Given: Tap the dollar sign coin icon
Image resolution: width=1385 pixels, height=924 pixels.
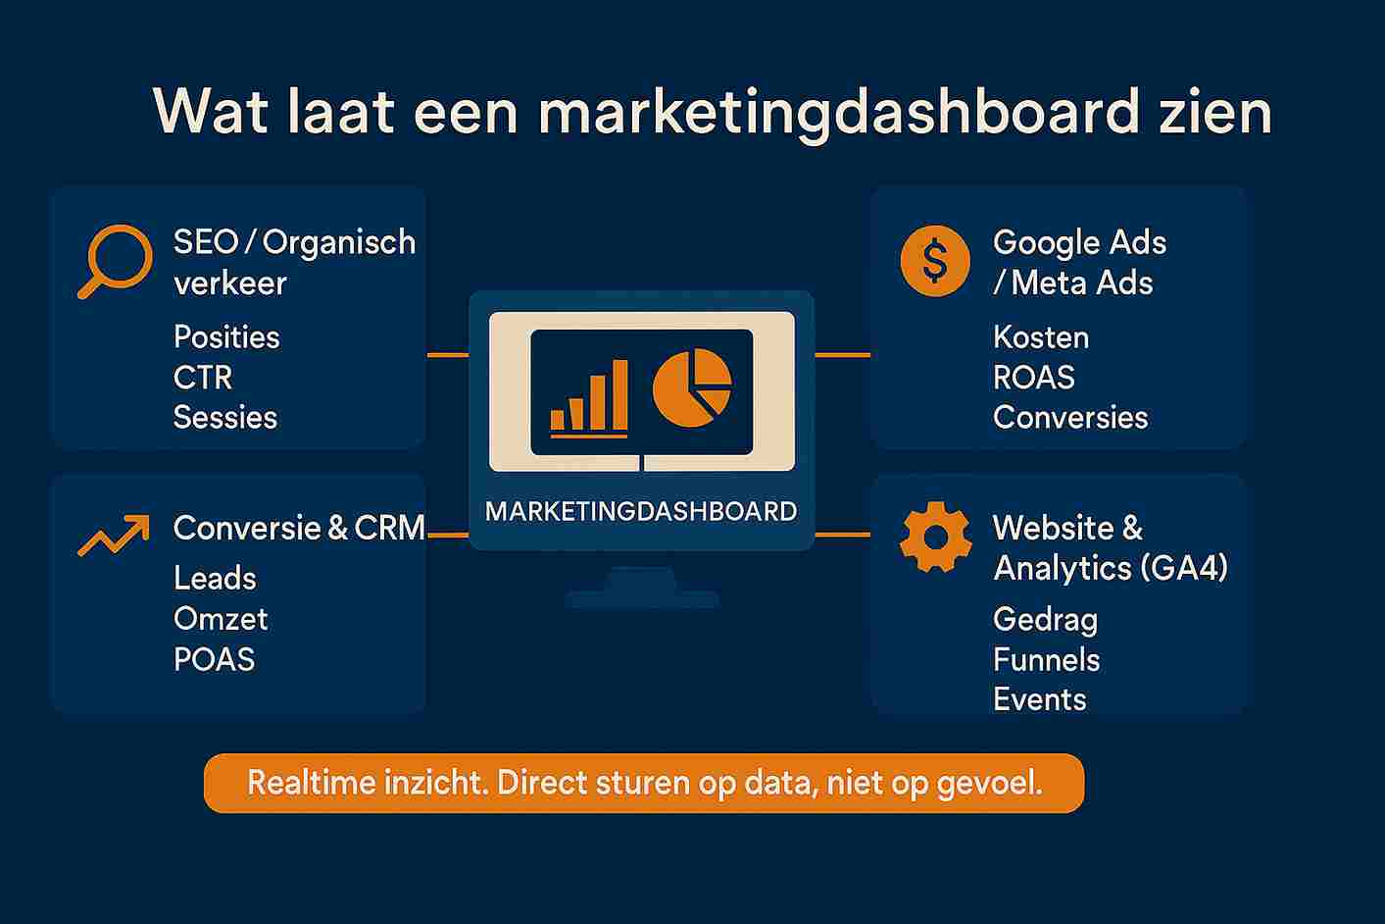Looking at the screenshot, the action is (935, 261).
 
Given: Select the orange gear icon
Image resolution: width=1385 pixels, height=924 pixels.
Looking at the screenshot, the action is (935, 537).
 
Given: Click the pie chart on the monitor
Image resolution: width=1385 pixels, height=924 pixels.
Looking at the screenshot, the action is (692, 388).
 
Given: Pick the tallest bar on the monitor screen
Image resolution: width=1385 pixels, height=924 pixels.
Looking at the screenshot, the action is (619, 395).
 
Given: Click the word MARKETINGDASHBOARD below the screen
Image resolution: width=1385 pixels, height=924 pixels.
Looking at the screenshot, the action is (641, 511).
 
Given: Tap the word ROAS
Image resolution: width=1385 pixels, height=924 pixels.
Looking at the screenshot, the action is (1034, 377).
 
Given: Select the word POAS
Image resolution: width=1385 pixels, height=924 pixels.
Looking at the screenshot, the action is (214, 659).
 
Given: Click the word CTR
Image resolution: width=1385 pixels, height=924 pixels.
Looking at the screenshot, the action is (203, 377).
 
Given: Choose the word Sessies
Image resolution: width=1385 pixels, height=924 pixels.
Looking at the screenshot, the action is (225, 417).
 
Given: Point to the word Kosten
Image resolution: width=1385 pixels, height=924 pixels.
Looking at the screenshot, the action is (1041, 337).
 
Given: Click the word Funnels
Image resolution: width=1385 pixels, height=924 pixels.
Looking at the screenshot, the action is (1046, 660).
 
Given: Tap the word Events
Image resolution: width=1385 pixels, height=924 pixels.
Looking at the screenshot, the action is (1040, 699).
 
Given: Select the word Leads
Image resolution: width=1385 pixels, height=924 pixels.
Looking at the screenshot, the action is (216, 578).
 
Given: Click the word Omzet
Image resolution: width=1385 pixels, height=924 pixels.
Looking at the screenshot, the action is (221, 619).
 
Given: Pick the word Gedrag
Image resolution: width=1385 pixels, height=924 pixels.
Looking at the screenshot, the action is (1046, 621).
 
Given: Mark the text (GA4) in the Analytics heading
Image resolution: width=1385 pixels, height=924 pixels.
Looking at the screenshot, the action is (1184, 568).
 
